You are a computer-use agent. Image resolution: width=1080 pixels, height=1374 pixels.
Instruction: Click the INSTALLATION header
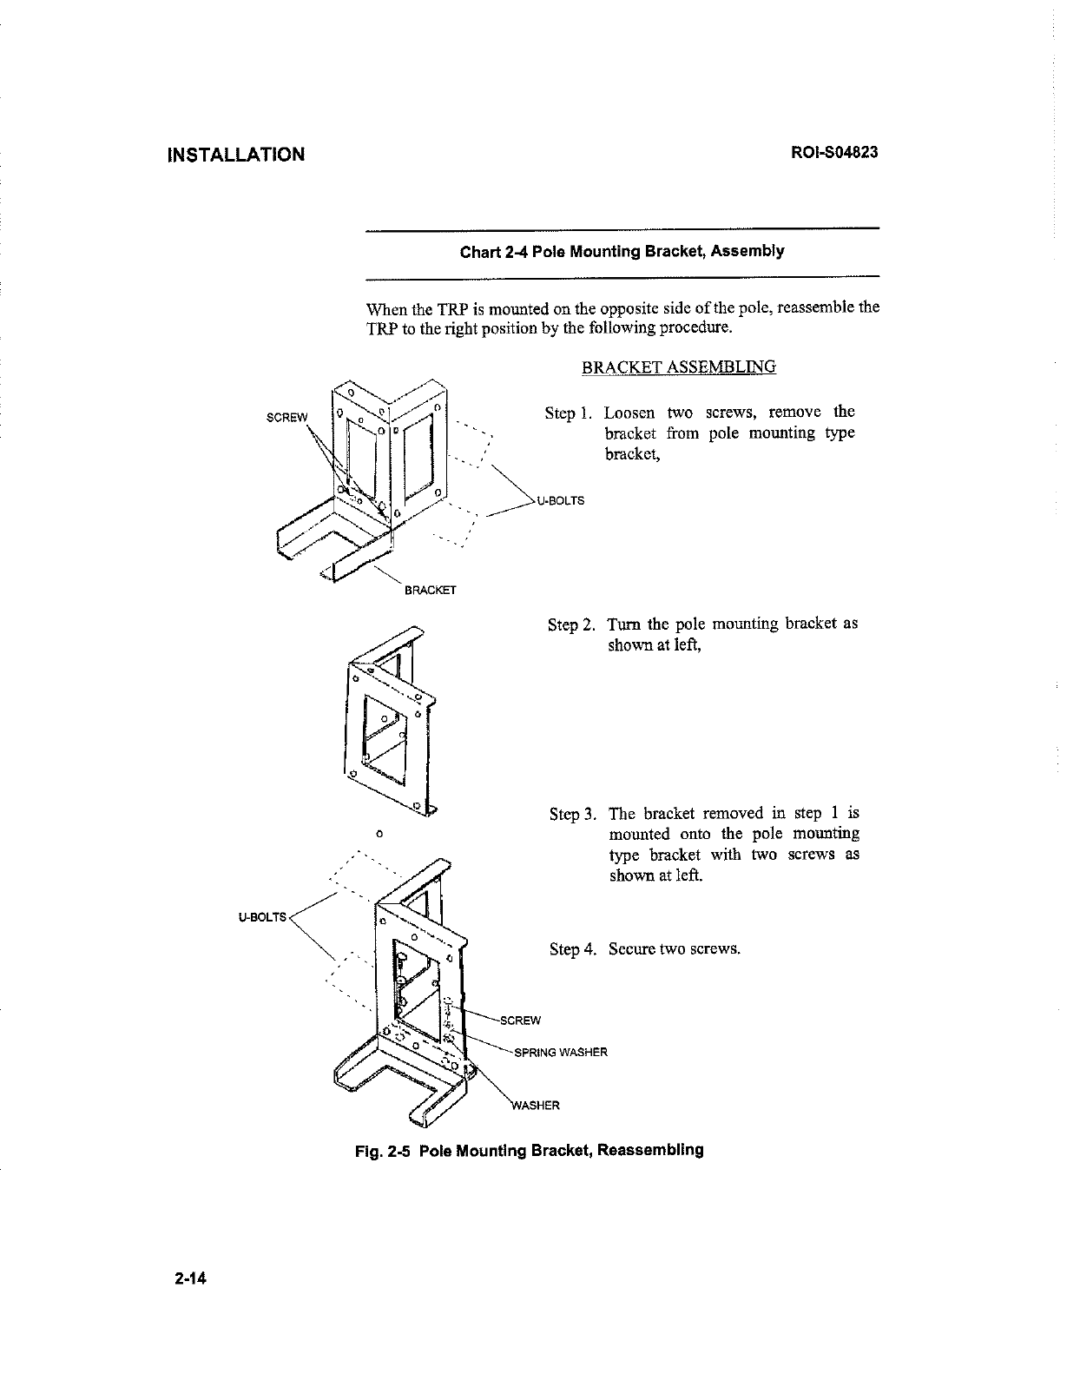point(235,155)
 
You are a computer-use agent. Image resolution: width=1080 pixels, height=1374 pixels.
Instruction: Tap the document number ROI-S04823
point(834,153)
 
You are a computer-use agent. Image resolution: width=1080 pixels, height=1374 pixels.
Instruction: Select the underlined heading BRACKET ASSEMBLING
point(678,367)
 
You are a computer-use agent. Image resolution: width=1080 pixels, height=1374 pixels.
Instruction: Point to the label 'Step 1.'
point(568,413)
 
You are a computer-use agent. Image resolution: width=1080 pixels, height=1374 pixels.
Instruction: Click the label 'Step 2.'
point(571,625)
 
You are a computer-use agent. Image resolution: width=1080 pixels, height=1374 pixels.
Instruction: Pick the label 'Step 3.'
point(573,815)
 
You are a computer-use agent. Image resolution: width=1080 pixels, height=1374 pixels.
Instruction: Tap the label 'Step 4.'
point(573,949)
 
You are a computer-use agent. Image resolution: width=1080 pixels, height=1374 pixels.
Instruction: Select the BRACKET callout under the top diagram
point(431,591)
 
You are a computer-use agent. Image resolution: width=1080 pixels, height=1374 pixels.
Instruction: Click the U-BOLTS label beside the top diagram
point(561,501)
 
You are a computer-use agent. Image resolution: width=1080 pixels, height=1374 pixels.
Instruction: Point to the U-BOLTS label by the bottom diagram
point(262,916)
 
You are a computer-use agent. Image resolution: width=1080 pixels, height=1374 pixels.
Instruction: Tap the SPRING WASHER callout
point(561,1053)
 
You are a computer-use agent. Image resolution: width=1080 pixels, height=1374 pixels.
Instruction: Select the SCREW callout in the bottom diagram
point(521,1021)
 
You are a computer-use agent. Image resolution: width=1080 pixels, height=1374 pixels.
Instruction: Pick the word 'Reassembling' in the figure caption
point(650,1151)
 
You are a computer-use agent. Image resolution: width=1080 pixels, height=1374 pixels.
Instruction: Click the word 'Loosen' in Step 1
point(629,413)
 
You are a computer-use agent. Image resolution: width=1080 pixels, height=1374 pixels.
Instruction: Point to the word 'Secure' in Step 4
point(632,949)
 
